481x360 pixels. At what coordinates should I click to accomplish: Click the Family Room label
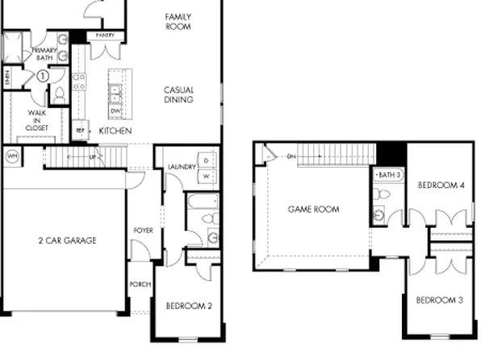point(177,21)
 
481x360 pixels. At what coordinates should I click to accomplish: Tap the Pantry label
point(103,36)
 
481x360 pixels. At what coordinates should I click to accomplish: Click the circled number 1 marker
point(42,75)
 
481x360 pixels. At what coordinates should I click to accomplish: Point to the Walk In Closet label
point(37,120)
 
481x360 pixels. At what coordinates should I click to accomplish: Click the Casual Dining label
point(178,94)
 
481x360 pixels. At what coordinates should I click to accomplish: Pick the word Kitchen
point(115,130)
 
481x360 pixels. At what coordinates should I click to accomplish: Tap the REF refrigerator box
point(81,129)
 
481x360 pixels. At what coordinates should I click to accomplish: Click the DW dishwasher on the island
point(116,111)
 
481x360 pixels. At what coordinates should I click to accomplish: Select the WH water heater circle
point(13,155)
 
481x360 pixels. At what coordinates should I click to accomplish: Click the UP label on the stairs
point(92,157)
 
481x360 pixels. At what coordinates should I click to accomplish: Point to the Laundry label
point(182,167)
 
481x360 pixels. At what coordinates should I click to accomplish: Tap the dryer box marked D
point(206,159)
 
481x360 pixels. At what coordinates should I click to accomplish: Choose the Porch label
point(140,284)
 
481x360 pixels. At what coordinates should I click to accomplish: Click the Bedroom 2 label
point(189,306)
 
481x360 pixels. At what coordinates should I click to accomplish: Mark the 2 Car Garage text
point(67,240)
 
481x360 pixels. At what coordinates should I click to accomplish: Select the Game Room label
point(313,209)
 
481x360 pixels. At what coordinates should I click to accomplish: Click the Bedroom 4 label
point(441,186)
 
